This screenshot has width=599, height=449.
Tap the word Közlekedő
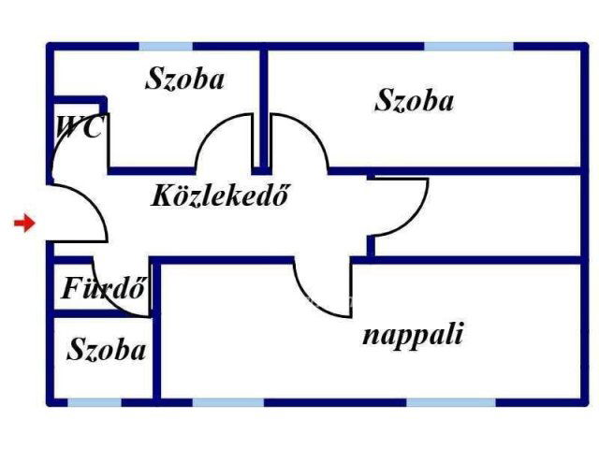220,197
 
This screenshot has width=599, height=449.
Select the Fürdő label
103,288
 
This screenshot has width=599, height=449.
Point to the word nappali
412,335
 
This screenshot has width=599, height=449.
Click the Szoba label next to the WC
184,80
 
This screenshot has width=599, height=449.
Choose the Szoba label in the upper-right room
414,101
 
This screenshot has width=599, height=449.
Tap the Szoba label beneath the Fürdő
107,351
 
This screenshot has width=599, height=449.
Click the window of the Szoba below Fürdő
94,402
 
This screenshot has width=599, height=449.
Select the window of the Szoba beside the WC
166,45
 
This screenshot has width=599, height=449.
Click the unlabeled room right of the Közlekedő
477,215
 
